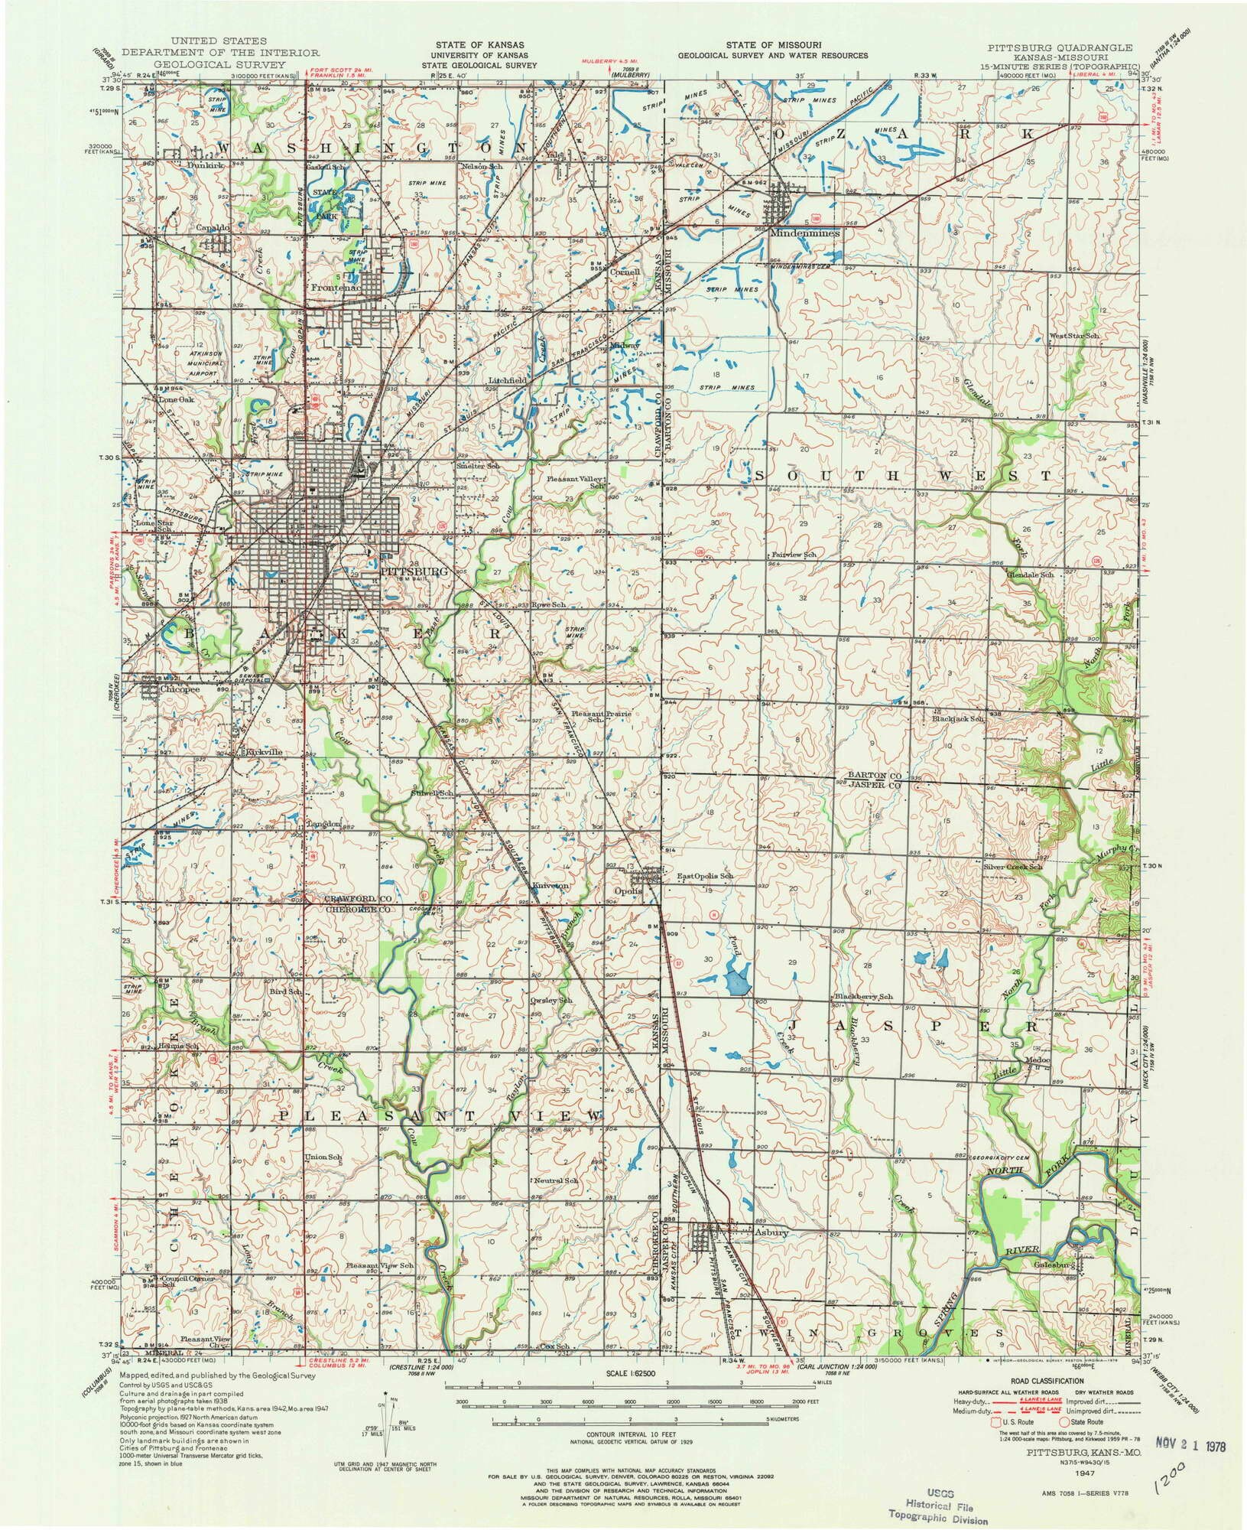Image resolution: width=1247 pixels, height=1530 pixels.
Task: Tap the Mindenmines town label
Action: pyautogui.click(x=805, y=233)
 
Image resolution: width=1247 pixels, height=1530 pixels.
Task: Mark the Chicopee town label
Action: pyautogui.click(x=180, y=688)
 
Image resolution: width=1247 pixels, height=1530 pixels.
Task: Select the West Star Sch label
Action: pyautogui.click(x=1073, y=337)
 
